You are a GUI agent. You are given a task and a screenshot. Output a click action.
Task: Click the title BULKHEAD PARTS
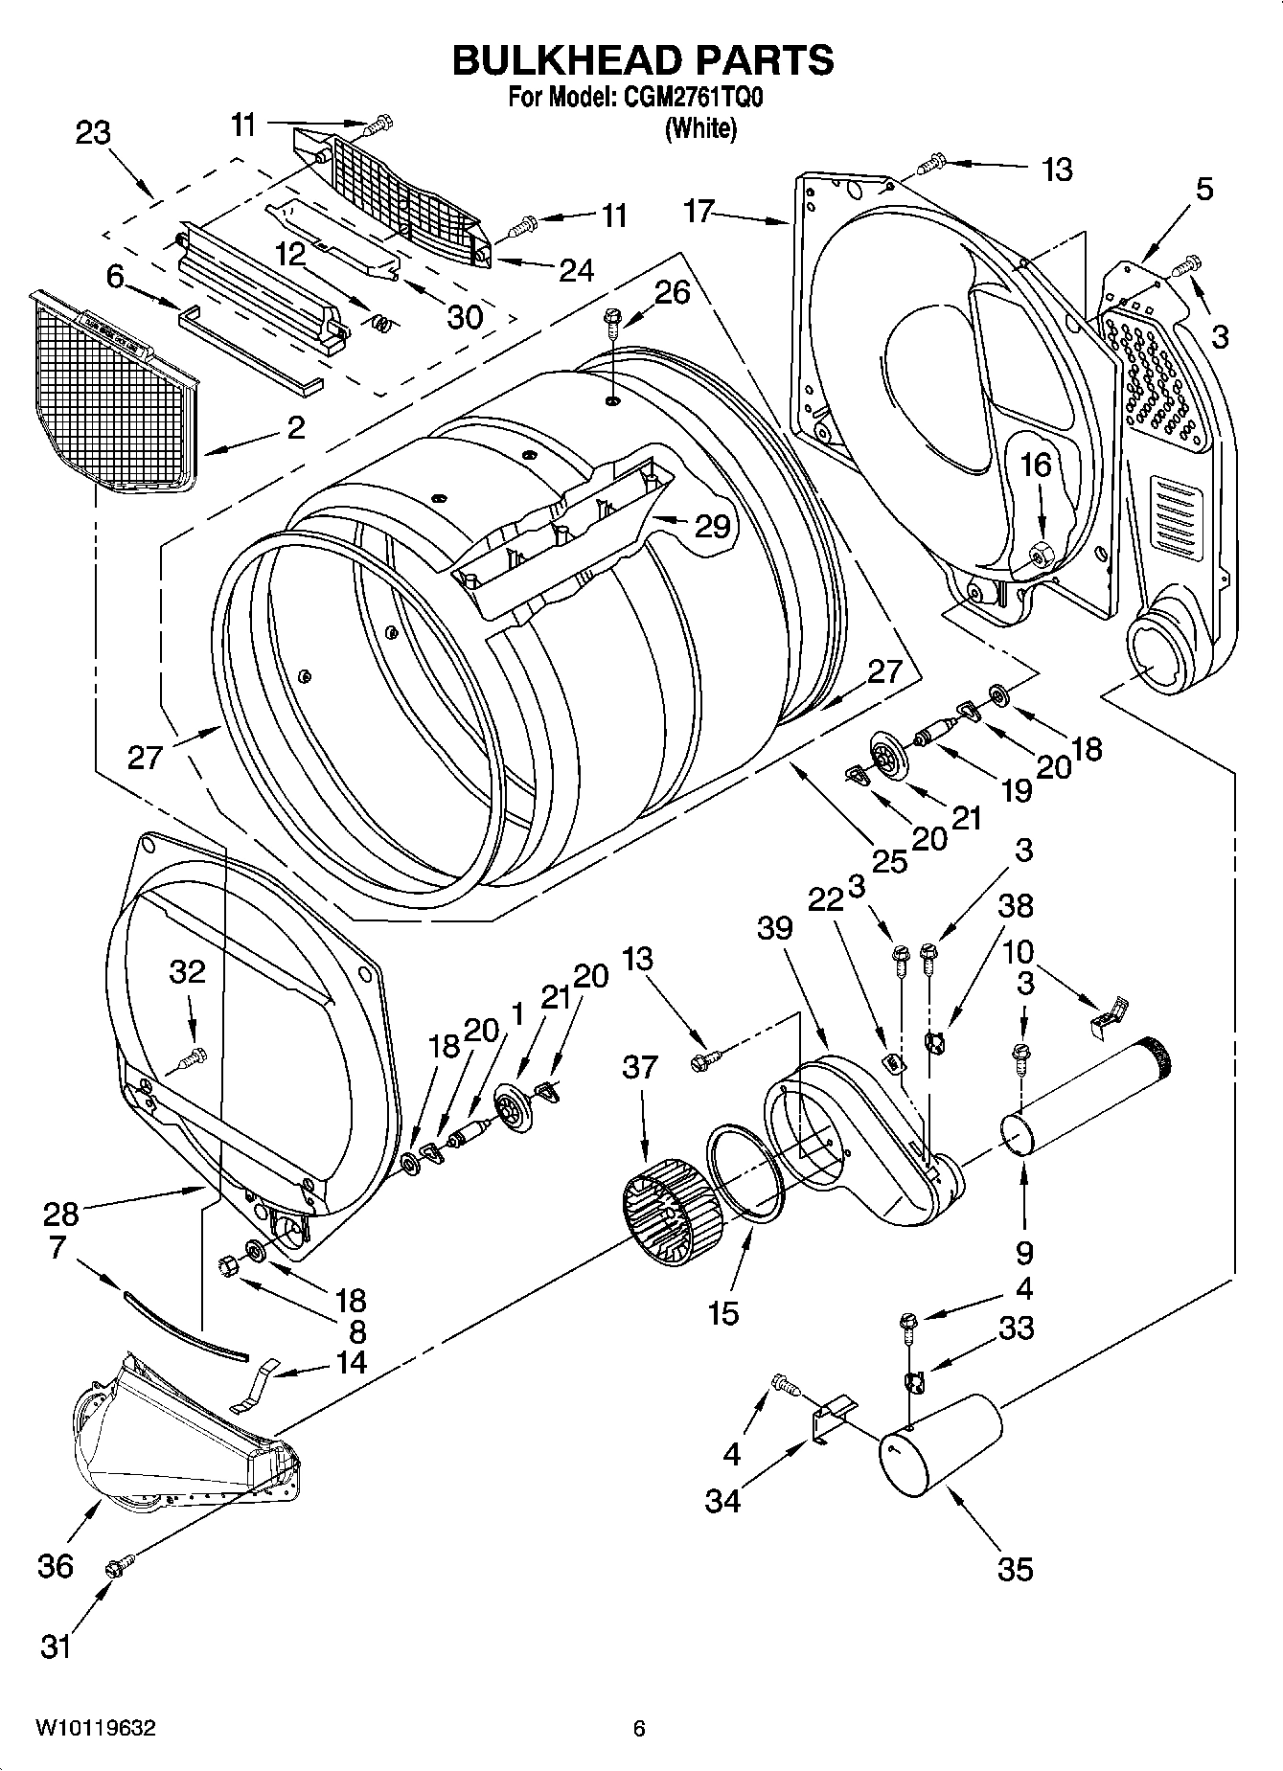pyautogui.click(x=642, y=60)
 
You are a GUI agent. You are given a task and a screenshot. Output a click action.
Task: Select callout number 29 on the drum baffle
pyautogui.click(x=713, y=526)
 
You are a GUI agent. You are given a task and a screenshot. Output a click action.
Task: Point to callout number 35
pyautogui.click(x=1015, y=1568)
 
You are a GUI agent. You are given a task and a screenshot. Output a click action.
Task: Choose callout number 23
pyautogui.click(x=93, y=133)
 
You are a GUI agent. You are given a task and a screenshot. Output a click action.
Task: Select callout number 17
pyautogui.click(x=699, y=211)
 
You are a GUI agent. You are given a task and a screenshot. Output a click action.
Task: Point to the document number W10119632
pyautogui.click(x=96, y=1728)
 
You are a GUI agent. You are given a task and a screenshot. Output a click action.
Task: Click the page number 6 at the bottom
pyautogui.click(x=639, y=1728)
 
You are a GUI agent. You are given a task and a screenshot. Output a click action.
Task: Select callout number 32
pyautogui.click(x=188, y=971)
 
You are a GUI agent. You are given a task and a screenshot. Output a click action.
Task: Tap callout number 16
pyautogui.click(x=1036, y=465)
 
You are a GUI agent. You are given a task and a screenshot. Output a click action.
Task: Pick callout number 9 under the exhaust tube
pyautogui.click(x=1024, y=1251)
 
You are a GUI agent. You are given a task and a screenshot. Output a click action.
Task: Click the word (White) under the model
pyautogui.click(x=700, y=128)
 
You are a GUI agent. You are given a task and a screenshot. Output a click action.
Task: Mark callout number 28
pyautogui.click(x=60, y=1214)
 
